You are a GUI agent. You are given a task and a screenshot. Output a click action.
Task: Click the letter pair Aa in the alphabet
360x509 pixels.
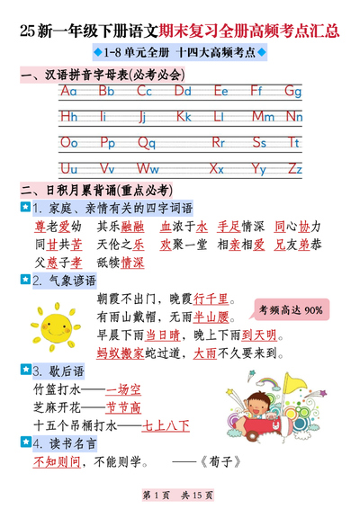tap(69, 91)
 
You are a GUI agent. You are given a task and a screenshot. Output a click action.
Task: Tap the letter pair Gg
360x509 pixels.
tap(292, 91)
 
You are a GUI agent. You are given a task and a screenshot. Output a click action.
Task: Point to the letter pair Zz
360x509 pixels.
tap(292, 167)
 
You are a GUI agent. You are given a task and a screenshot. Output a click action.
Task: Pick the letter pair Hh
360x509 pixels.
tap(69, 116)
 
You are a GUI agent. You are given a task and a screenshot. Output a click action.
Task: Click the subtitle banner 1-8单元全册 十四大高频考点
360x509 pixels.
tap(180, 54)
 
